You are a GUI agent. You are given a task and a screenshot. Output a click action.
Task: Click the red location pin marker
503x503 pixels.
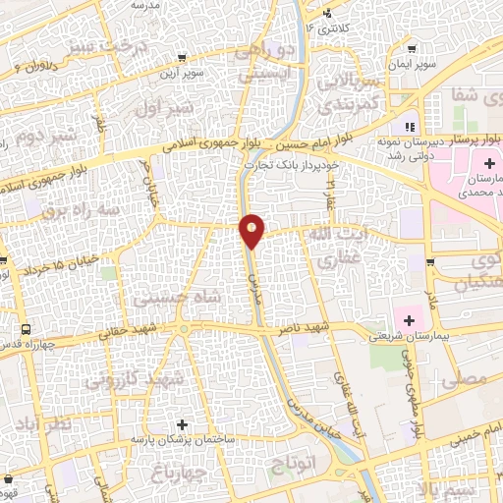pyautogui.click(x=252, y=230)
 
